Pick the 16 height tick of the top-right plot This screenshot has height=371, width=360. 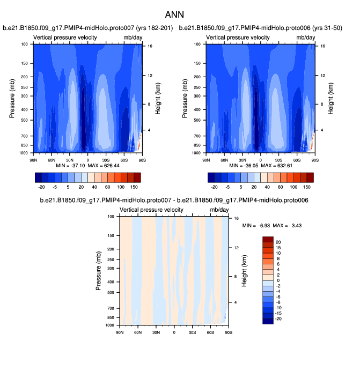(x=322, y=47)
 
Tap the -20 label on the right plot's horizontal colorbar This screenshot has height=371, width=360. (x=215, y=187)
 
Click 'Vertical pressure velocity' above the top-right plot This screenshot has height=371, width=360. (x=237, y=37)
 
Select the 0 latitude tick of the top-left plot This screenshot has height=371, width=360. (x=87, y=160)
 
